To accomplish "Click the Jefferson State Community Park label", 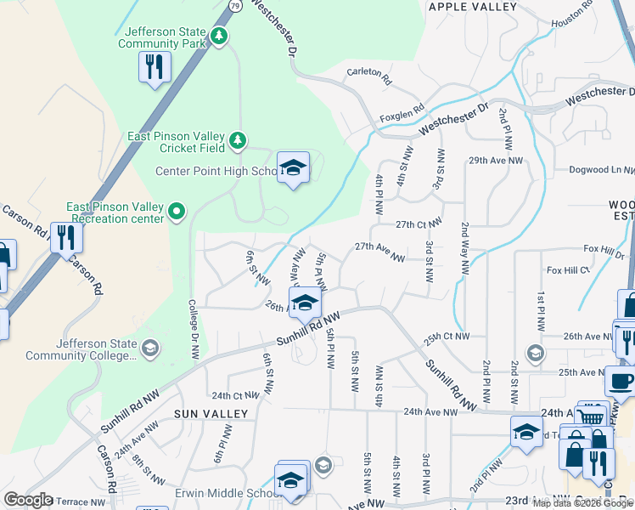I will click(x=161, y=37).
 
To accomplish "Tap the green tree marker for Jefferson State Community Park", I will click(x=220, y=36).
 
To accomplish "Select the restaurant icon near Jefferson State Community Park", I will click(x=155, y=67).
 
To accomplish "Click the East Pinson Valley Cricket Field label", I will click(x=177, y=142).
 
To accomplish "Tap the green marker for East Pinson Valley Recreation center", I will click(x=177, y=210).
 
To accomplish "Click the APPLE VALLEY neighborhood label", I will click(x=473, y=7).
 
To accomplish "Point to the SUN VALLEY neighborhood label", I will click(x=211, y=414).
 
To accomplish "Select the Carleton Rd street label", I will click(x=368, y=76).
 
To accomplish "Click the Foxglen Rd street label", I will click(x=402, y=111).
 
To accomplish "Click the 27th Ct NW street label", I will click(x=419, y=224).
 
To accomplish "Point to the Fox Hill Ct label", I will click(x=568, y=270).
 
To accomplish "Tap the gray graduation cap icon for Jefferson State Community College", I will click(x=149, y=347).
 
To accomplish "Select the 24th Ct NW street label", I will click(x=234, y=395).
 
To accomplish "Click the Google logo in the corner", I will click(x=28, y=500).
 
